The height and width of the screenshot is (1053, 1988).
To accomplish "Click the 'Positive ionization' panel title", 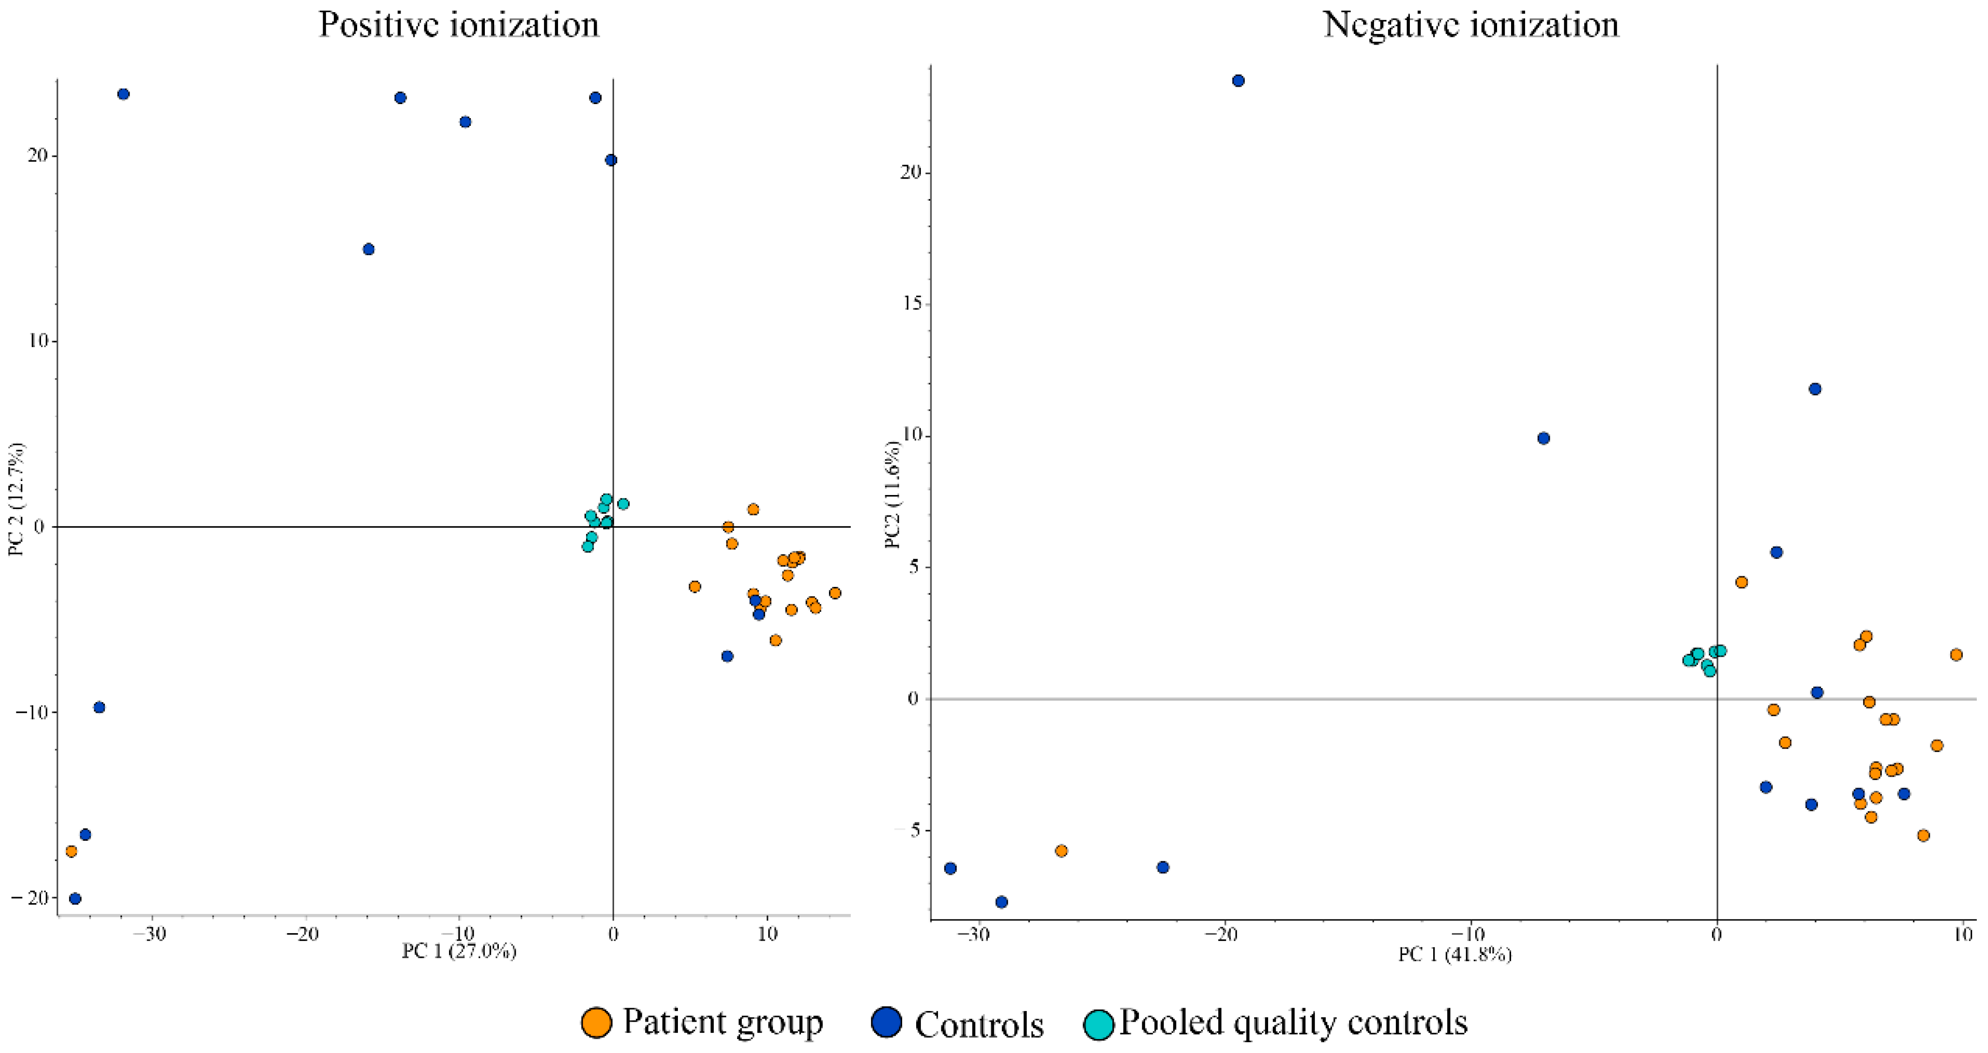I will [x=458, y=25].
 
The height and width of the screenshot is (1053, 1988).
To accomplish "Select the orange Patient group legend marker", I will [x=597, y=1022].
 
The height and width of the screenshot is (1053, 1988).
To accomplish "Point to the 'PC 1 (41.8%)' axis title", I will [x=1455, y=955].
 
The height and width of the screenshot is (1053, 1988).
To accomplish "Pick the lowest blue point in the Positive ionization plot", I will [x=76, y=899].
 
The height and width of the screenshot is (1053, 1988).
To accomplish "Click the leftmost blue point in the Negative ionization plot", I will [x=951, y=869].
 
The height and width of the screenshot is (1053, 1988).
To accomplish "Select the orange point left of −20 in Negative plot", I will [x=1061, y=851].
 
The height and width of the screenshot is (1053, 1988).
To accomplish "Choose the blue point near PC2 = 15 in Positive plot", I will [x=369, y=249].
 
